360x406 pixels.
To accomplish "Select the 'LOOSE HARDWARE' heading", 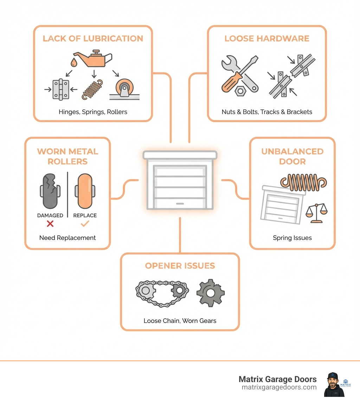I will (x=267, y=38).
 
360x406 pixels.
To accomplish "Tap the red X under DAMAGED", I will (x=50, y=224).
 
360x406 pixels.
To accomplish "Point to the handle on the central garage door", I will (x=180, y=204).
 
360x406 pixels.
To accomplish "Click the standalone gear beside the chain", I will (x=210, y=293).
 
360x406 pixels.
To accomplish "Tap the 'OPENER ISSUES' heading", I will (x=180, y=266).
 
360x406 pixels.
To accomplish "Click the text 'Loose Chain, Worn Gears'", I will (x=180, y=321).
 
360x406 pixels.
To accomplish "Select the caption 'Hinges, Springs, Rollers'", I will (x=93, y=112).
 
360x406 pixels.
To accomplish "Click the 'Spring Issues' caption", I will (x=292, y=238).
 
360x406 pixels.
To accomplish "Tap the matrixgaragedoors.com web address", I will (x=279, y=387).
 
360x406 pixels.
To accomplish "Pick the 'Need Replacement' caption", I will (x=67, y=238).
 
